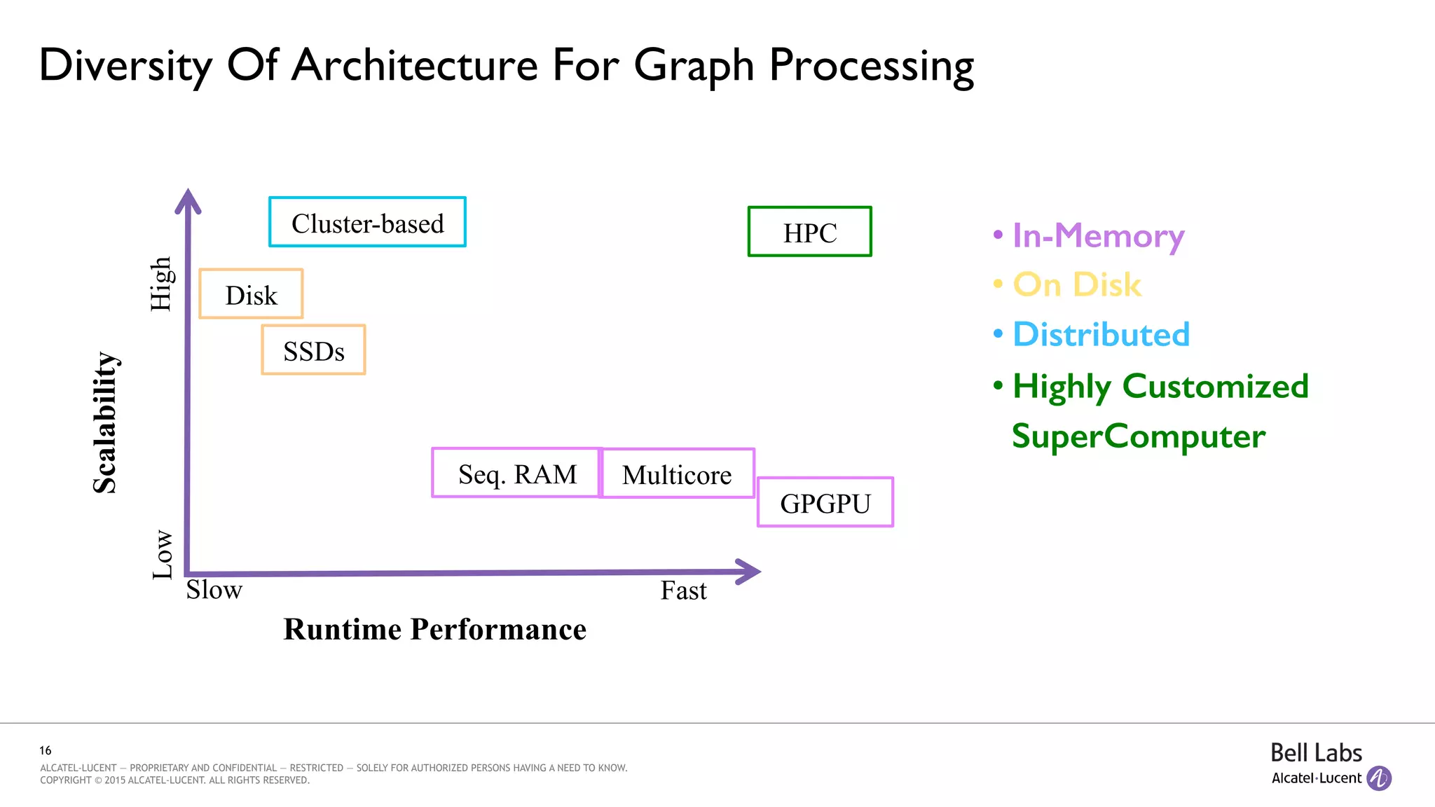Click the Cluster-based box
[367, 222]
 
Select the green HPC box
[809, 232]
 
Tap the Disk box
[251, 294]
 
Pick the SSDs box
[313, 350]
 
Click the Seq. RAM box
[516, 474]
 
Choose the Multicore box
[678, 474]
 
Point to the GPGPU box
[825, 503]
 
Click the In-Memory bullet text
[1097, 237]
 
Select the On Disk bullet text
[1077, 285]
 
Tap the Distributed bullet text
[1101, 334]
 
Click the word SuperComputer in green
[1138, 436]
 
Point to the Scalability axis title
[105, 422]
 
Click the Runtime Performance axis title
[434, 629]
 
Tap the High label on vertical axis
[161, 284]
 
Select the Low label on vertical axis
[163, 554]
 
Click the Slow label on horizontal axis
[214, 590]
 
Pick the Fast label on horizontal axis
[683, 591]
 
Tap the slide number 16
[46, 750]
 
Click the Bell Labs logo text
[1315, 753]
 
